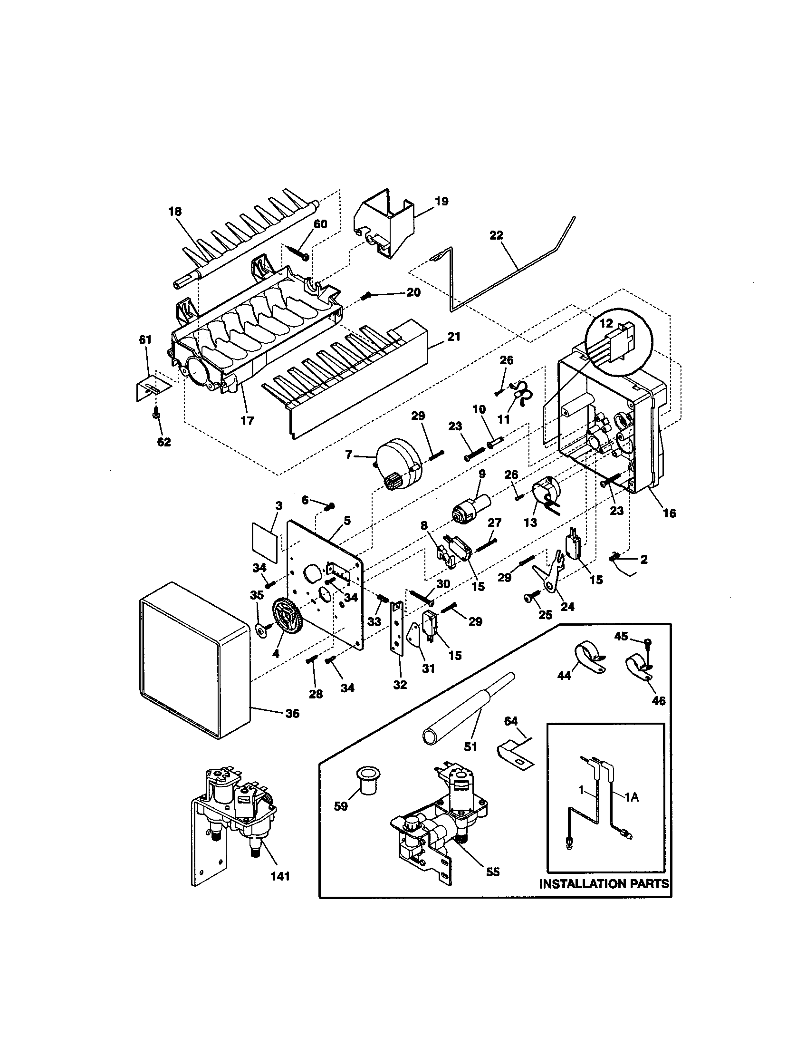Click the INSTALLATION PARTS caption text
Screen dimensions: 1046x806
pos(604,884)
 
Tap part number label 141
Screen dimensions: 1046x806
pos(280,876)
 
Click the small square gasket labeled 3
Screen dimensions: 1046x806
pos(265,542)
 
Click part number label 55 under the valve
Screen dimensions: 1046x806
pos(492,872)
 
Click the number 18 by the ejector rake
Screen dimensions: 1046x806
pos(175,211)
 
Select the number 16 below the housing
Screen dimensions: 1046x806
pos(669,513)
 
